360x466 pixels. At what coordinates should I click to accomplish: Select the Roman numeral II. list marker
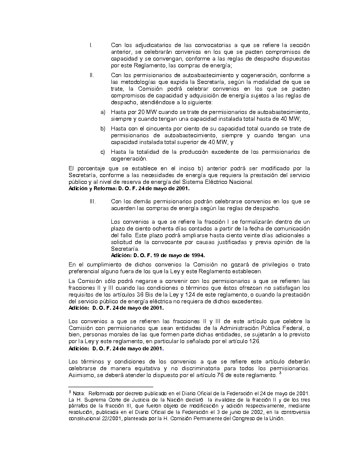(x=91, y=75)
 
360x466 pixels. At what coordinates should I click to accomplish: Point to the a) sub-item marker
(x=103, y=112)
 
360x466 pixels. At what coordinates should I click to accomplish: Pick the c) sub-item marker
(x=103, y=152)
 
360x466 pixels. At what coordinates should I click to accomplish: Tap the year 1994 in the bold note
(x=197, y=255)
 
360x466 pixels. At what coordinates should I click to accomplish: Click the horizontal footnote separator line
(x=111, y=387)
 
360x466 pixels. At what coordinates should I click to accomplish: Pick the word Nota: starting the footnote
(x=79, y=393)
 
